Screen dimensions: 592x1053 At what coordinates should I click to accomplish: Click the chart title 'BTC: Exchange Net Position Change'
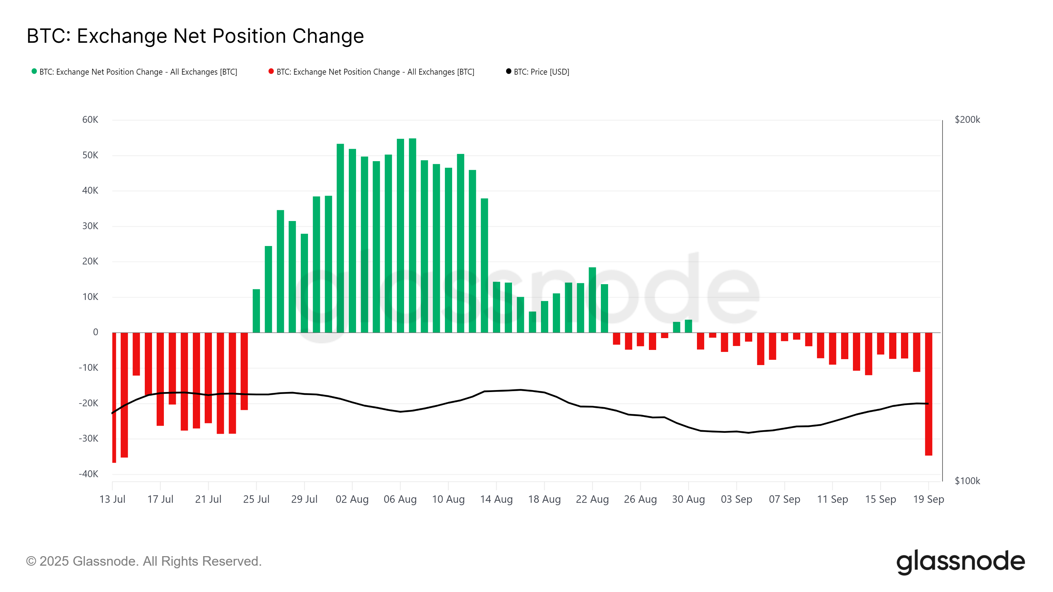195,36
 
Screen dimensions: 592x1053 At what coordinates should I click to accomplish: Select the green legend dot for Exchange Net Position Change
34,71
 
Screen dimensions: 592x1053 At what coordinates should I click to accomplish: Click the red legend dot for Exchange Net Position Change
271,71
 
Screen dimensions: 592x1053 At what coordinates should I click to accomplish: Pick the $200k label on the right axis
967,120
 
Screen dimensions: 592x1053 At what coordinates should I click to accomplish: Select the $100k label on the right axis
967,481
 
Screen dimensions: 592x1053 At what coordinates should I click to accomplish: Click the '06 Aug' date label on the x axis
400,499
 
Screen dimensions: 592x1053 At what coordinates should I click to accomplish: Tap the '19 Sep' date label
928,499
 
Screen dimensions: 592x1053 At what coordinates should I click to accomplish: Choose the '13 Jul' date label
113,499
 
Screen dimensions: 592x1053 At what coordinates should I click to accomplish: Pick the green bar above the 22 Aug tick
592,300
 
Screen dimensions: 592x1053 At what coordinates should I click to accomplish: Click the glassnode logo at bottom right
960,562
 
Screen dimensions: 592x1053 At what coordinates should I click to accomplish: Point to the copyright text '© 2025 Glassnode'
143,561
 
